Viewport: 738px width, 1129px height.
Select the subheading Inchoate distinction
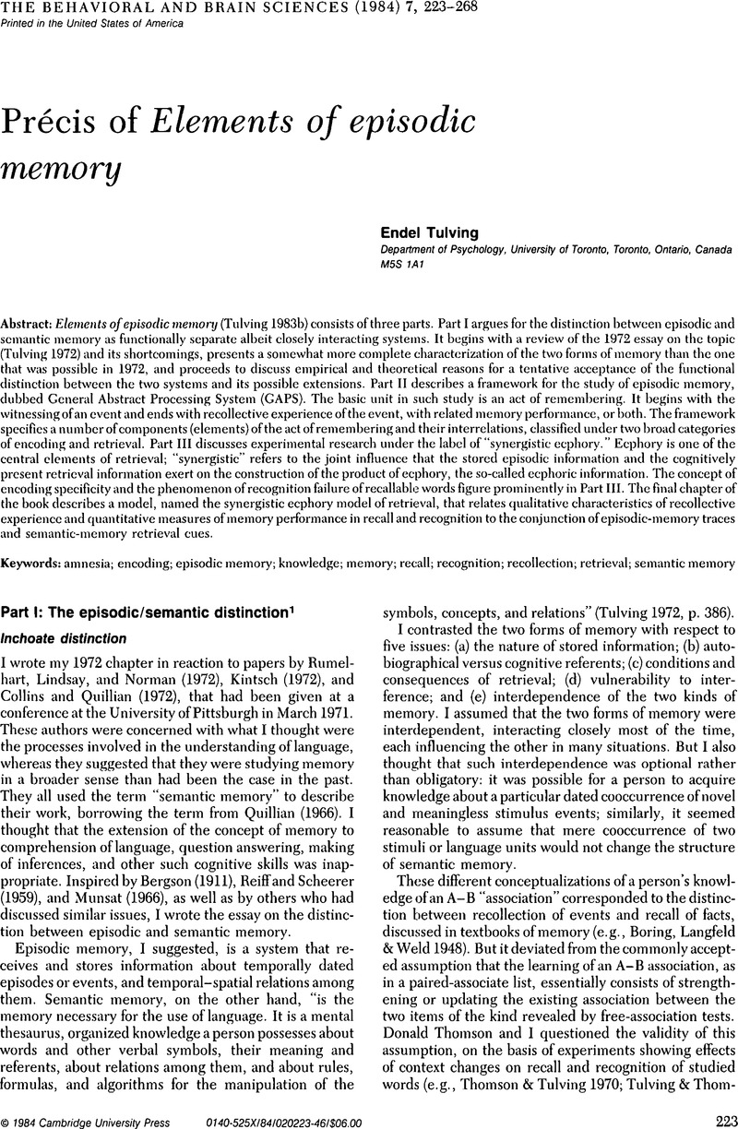[73, 636]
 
